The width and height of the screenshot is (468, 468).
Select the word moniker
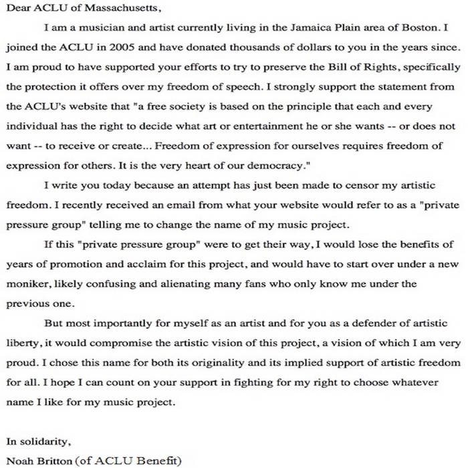[27, 283]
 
